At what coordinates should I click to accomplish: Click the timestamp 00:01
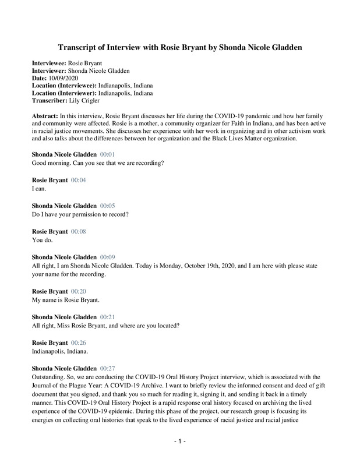point(108,154)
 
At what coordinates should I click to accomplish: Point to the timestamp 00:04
point(78,181)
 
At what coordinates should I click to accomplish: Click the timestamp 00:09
point(108,257)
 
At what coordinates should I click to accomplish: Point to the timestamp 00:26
point(78,343)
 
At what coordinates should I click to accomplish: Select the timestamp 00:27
point(108,369)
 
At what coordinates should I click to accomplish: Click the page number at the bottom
point(180,442)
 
